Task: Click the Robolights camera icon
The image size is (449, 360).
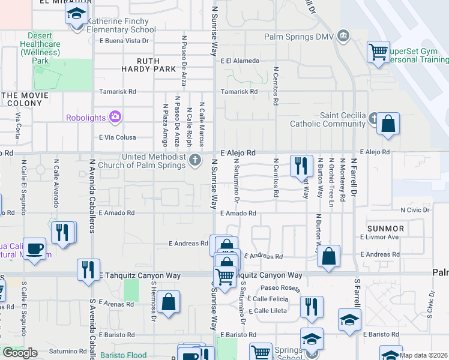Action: pyautogui.click(x=115, y=116)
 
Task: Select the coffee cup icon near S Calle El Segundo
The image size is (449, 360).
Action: pyautogui.click(x=35, y=248)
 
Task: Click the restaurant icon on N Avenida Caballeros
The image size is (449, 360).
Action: pyautogui.click(x=88, y=269)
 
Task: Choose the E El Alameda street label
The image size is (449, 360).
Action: pyautogui.click(x=240, y=61)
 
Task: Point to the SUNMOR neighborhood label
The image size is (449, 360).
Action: pyautogui.click(x=386, y=229)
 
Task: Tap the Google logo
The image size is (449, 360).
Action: pyautogui.click(x=20, y=353)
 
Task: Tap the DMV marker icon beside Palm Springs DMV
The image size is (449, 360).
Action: pyautogui.click(x=343, y=35)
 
